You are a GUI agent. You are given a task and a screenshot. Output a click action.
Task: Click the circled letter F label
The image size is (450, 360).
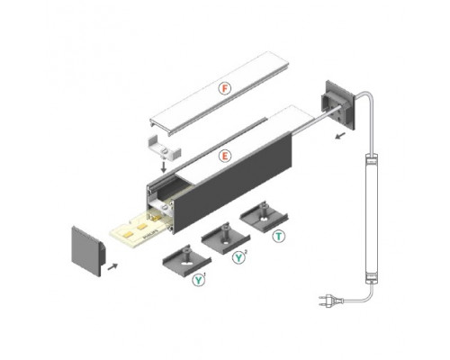click(226, 88)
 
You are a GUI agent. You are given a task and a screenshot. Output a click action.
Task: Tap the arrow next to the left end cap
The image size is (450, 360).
click(111, 266)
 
